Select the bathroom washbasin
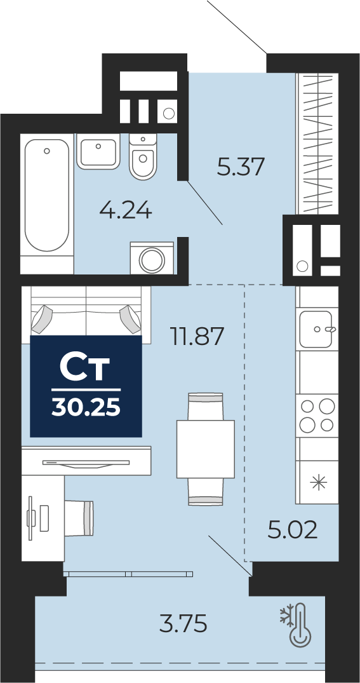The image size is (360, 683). pyautogui.click(x=98, y=151)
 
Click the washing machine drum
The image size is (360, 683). pyautogui.click(x=152, y=260)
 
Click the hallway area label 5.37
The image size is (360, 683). pyautogui.click(x=241, y=167)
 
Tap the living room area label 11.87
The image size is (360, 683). pyautogui.click(x=197, y=336)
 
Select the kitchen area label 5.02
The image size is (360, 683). pyautogui.click(x=292, y=530)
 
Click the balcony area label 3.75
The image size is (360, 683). pyautogui.click(x=182, y=623)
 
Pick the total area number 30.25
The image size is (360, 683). pyautogui.click(x=86, y=408)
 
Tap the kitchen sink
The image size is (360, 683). pyautogui.click(x=316, y=329)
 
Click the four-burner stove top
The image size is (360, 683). pyautogui.click(x=317, y=416)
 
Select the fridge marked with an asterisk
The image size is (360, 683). pyautogui.click(x=317, y=482)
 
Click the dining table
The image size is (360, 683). pyautogui.click(x=206, y=449)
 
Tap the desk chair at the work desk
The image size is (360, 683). pyautogui.click(x=79, y=517)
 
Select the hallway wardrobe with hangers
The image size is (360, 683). pyautogui.click(x=317, y=144)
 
